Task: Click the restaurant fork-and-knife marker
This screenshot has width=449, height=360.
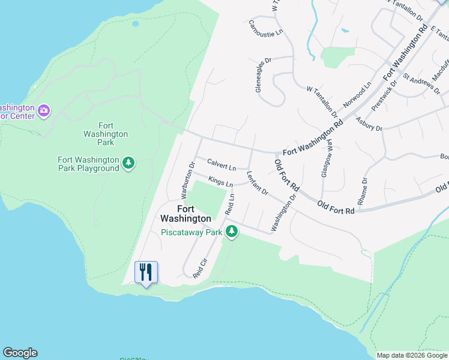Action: (146, 272)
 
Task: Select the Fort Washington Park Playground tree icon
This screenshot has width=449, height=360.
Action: (128, 163)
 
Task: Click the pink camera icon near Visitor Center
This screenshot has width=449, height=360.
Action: (44, 111)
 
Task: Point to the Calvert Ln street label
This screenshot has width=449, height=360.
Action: (221, 163)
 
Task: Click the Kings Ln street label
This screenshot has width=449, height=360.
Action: (220, 181)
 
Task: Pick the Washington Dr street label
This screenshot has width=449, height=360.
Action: (284, 212)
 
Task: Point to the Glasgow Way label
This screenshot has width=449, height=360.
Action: (327, 157)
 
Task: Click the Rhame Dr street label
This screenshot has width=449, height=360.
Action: (363, 189)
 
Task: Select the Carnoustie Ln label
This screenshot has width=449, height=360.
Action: (265, 29)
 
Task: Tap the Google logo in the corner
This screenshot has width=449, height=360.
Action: (20, 353)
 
